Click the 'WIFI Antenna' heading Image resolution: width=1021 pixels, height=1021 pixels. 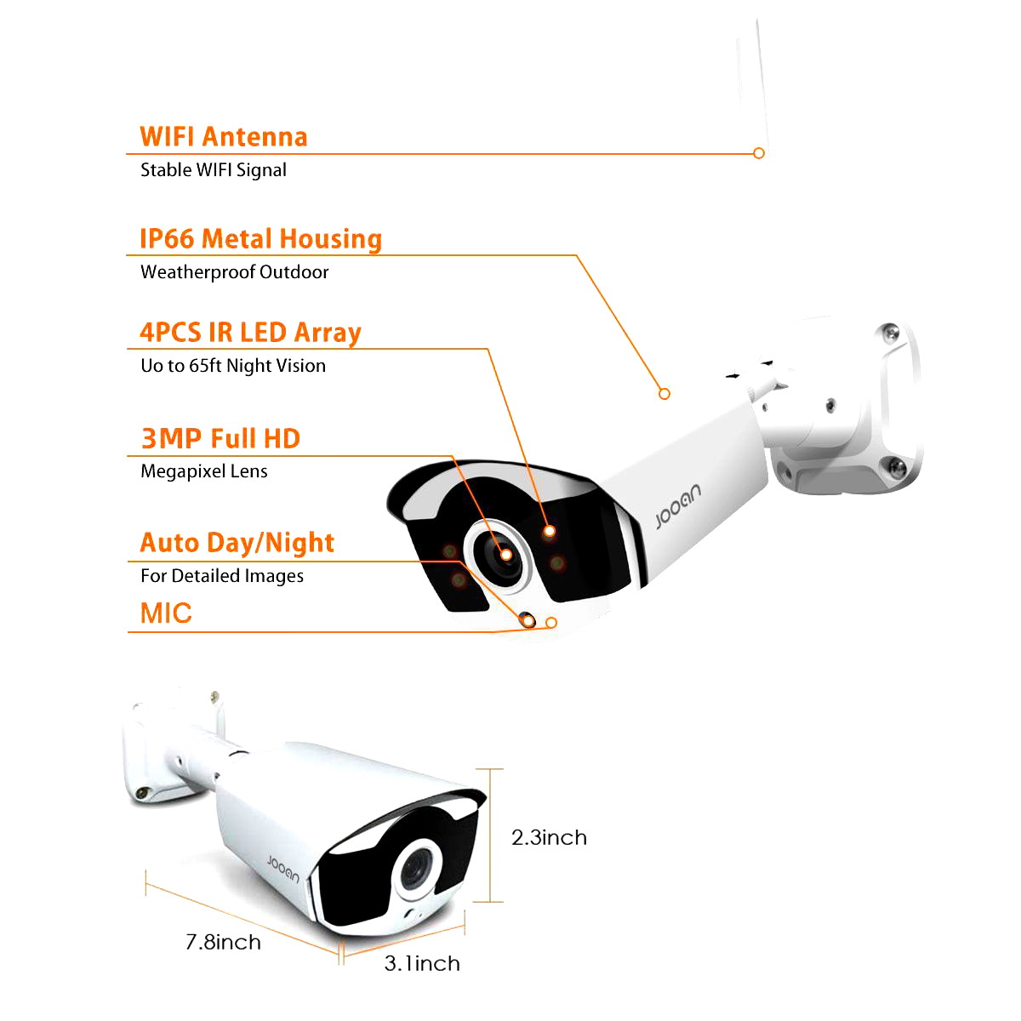click(223, 137)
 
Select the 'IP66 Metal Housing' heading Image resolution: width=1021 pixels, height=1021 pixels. click(260, 239)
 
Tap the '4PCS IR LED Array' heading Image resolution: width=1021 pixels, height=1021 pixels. click(251, 333)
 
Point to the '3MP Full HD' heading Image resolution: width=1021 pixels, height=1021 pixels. click(221, 439)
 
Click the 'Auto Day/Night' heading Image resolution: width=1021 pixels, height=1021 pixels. click(237, 543)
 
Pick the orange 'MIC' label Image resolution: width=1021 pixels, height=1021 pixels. click(166, 613)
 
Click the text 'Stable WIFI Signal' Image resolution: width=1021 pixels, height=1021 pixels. click(214, 170)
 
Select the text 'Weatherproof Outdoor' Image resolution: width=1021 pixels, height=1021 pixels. click(235, 272)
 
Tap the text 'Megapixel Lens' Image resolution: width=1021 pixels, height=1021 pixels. click(204, 471)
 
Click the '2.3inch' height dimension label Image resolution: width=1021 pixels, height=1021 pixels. click(549, 838)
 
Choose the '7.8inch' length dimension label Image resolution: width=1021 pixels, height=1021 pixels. click(223, 942)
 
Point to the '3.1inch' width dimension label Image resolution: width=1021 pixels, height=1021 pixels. click(422, 963)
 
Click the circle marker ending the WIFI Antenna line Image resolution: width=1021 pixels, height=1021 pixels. click(759, 153)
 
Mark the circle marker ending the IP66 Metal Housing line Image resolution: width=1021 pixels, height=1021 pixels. click(665, 394)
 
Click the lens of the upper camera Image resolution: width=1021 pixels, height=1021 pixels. click(499, 556)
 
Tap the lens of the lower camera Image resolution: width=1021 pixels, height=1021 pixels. click(416, 870)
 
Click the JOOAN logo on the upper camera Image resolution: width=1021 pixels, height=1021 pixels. click(678, 506)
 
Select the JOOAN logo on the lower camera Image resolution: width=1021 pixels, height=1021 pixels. click(283, 869)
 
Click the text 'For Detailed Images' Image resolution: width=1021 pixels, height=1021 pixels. click(222, 576)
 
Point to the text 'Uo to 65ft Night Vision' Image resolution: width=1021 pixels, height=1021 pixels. click(233, 366)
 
